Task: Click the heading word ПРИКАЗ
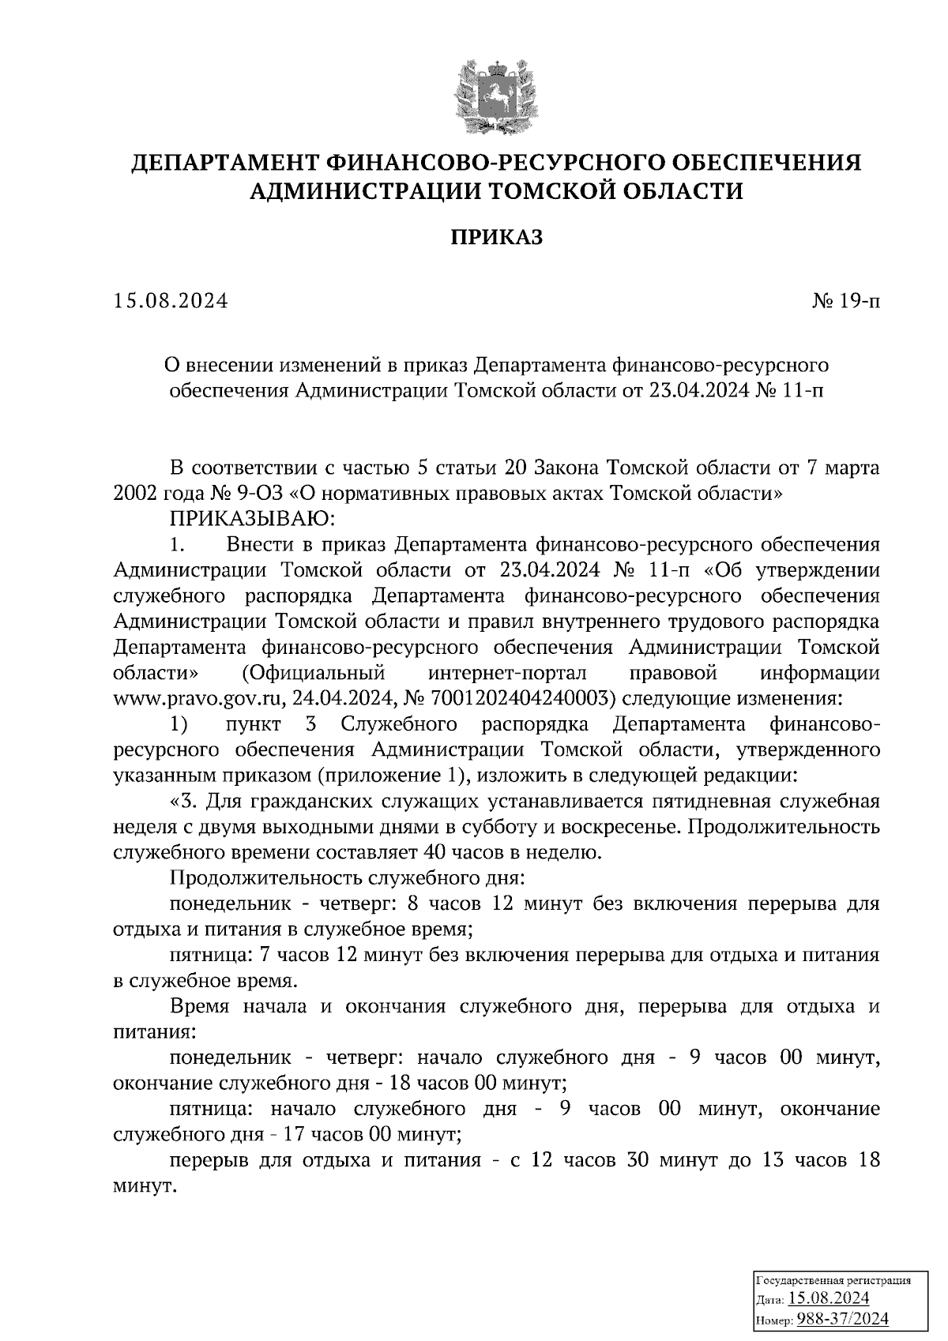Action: (x=497, y=238)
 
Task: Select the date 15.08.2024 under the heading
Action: (x=171, y=301)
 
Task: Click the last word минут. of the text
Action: (x=144, y=1187)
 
